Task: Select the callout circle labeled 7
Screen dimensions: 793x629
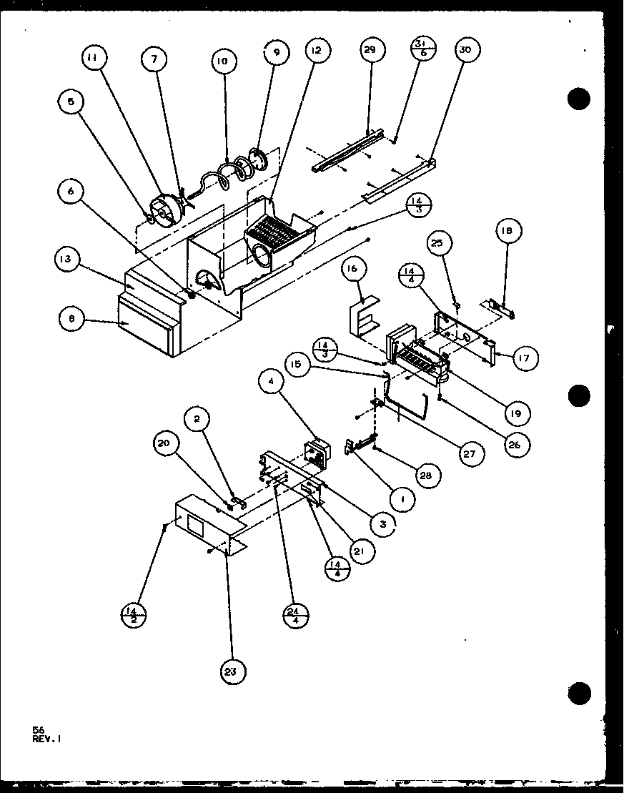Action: pos(153,61)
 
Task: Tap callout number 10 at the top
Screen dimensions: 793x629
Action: pos(222,62)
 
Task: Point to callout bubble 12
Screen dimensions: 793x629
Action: pos(315,51)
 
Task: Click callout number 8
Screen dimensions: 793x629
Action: pos(71,320)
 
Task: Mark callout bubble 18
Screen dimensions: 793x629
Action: pos(507,231)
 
